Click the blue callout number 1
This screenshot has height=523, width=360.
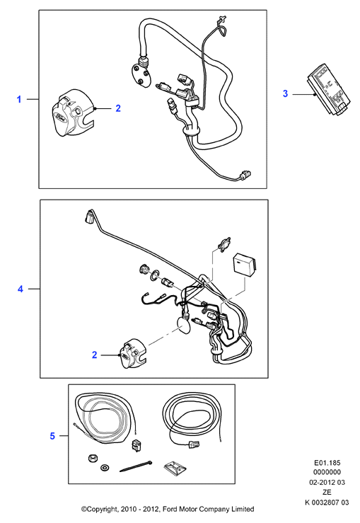coord(19,99)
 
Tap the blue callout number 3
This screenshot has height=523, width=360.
coord(285,93)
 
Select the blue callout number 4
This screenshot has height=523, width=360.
coord(21,289)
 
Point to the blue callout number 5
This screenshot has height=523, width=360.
coord(52,436)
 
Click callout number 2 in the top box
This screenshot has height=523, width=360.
coord(118,108)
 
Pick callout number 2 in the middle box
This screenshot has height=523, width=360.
coord(94,355)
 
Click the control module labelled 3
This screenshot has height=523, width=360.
coord(329,88)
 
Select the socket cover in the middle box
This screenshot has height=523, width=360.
coord(132,354)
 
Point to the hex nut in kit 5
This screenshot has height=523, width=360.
coord(93,458)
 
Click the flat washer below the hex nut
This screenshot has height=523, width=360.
coord(105,468)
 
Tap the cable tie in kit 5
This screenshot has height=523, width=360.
coord(136,466)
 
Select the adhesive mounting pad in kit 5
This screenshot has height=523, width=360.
coord(175,468)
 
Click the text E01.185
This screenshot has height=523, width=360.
coord(327,463)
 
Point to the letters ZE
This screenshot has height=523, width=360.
coord(327,493)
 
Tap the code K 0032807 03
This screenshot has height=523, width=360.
coord(327,502)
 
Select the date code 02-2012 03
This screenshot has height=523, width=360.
coord(327,483)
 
